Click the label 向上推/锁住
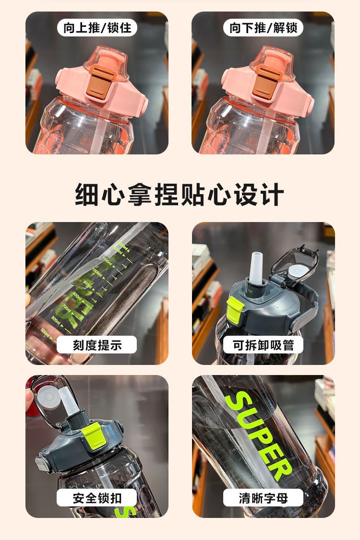pos(97,27)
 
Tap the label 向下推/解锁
pos(263,27)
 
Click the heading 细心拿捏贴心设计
pos(180,195)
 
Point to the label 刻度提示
pos(97,345)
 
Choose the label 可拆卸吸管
pos(263,345)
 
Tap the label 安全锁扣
pos(97,498)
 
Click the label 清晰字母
pos(263,498)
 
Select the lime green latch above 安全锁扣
pos(93,437)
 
